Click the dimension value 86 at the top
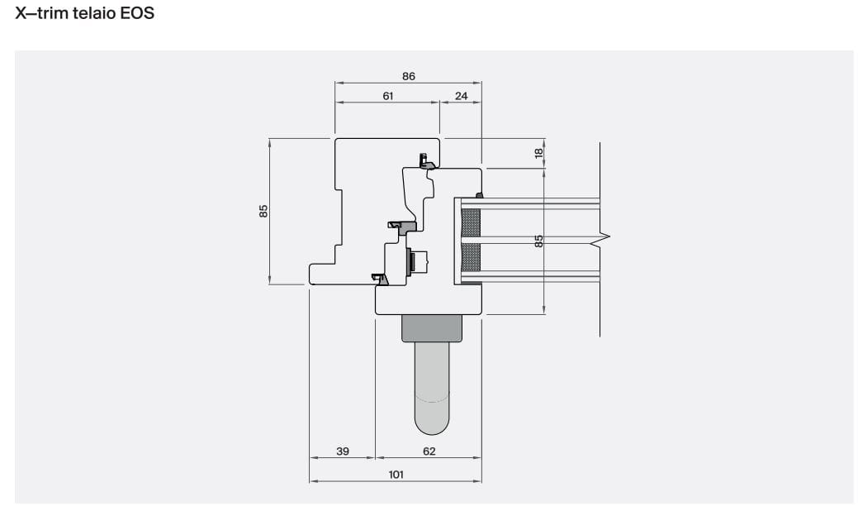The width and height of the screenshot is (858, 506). tap(409, 76)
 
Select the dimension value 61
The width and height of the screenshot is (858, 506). tap(387, 96)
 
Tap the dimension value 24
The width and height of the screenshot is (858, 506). tap(461, 96)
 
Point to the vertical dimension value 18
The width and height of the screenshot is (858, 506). tap(538, 153)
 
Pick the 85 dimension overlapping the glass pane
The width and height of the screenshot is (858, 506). tap(538, 241)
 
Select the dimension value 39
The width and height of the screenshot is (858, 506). tap(343, 451)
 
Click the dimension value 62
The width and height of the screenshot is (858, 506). tap(429, 451)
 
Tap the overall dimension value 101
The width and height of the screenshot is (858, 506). tap(396, 475)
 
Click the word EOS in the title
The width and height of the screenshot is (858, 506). tap(137, 14)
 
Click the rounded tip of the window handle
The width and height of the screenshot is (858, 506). tap(432, 425)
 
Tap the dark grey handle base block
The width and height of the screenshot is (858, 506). tap(431, 328)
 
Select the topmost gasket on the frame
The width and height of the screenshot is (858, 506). tap(426, 161)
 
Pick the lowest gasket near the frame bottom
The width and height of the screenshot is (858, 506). tap(381, 279)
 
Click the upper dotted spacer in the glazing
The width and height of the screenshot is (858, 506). tap(470, 221)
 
